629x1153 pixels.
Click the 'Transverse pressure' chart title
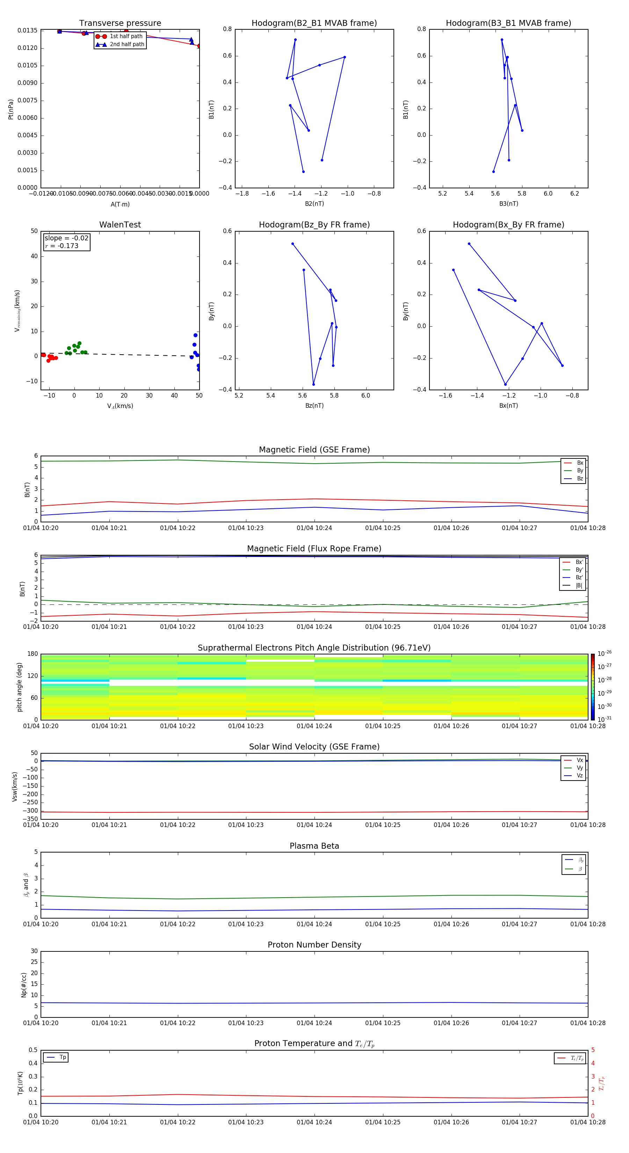pyautogui.click(x=120, y=23)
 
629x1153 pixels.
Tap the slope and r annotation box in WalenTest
pyautogui.click(x=66, y=242)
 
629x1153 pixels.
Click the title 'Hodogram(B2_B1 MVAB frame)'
pyautogui.click(x=314, y=23)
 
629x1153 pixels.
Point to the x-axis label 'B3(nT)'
pyautogui.click(x=508, y=204)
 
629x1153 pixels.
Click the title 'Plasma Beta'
pyautogui.click(x=314, y=846)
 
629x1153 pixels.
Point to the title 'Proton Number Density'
pyautogui.click(x=314, y=945)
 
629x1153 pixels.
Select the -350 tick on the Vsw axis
pyautogui.click(x=30, y=819)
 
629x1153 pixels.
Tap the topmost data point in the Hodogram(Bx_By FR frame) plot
pyautogui.click(x=469, y=244)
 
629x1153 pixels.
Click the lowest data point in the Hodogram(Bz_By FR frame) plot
pyautogui.click(x=313, y=384)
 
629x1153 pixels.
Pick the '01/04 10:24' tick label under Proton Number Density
pyautogui.click(x=314, y=1023)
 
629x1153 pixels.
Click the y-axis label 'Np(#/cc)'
pyautogui.click(x=24, y=985)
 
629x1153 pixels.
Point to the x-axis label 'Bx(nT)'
pyautogui.click(x=508, y=406)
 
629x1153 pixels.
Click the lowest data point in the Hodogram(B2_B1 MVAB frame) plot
pyautogui.click(x=303, y=172)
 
